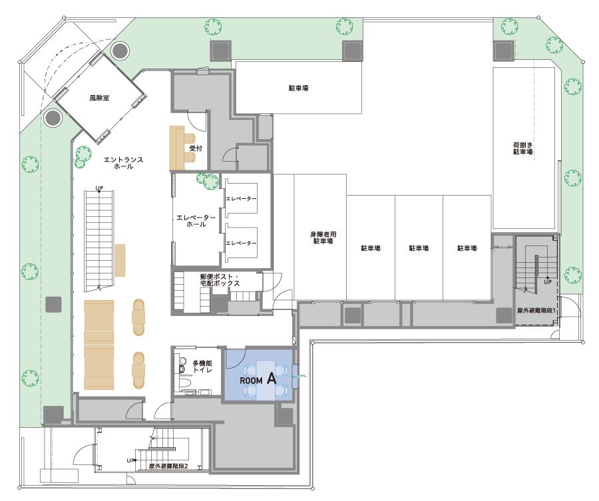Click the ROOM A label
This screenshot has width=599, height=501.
pos(258,379)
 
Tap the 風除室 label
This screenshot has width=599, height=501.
pos(99,98)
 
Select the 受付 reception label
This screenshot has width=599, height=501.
pos(196,148)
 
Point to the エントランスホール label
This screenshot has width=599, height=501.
pos(123,162)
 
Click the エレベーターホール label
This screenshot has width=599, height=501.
pos(196,221)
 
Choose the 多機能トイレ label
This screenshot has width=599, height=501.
pos(202,366)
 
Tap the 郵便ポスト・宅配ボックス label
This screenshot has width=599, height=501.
pos(220,280)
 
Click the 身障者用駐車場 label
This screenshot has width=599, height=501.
pos(323,238)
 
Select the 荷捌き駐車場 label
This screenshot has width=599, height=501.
pos(522,148)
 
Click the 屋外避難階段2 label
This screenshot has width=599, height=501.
pos(168,466)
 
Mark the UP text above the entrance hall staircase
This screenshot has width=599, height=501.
pos(99,188)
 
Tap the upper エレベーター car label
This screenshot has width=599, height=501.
pos(241,198)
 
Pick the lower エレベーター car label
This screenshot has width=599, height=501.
pos(241,243)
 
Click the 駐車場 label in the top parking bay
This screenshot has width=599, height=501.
pos(298,88)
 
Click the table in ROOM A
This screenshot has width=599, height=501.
pos(266,381)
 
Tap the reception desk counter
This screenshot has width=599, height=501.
pos(177,148)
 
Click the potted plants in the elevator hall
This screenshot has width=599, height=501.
pos(208,181)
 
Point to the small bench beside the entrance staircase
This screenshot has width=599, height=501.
pos(120,260)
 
